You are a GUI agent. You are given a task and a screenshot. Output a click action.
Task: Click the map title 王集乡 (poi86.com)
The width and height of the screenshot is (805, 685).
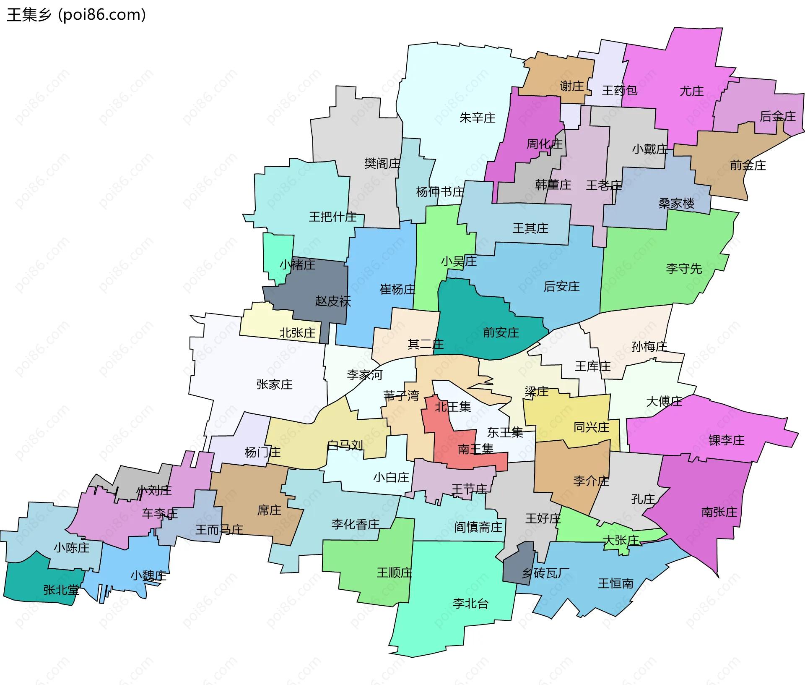tap(76, 15)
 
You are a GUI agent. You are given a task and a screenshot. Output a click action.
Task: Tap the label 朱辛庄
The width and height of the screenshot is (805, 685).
tap(477, 118)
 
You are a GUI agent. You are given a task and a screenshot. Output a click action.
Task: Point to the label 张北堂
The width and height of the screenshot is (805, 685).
tap(61, 590)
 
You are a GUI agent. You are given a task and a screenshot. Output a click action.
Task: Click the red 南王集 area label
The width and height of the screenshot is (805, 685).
tap(475, 449)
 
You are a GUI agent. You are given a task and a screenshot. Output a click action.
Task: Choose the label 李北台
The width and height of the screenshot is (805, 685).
tap(470, 604)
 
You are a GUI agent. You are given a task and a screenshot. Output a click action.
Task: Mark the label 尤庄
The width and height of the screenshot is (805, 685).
tap(691, 91)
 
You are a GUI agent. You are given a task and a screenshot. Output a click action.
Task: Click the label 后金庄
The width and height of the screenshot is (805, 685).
tap(777, 116)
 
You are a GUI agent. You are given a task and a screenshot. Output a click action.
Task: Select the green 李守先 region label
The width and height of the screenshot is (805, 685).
tap(683, 268)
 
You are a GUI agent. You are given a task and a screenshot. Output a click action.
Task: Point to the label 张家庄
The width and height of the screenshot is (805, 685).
tap(274, 384)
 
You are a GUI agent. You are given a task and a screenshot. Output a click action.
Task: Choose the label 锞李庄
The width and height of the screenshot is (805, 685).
tap(726, 440)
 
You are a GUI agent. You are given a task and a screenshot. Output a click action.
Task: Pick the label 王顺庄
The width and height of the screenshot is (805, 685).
tap(394, 573)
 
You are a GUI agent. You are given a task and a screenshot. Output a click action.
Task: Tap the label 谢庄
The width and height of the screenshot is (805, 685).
tap(571, 86)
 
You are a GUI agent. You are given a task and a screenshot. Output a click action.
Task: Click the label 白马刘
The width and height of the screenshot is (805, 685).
tap(345, 445)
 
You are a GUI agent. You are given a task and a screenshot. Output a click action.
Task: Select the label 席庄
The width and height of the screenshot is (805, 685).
tap(269, 510)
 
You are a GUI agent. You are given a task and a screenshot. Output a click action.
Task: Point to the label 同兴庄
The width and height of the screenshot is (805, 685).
tap(591, 427)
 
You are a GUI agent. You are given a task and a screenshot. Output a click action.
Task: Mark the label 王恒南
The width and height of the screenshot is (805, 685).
tap(615, 583)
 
